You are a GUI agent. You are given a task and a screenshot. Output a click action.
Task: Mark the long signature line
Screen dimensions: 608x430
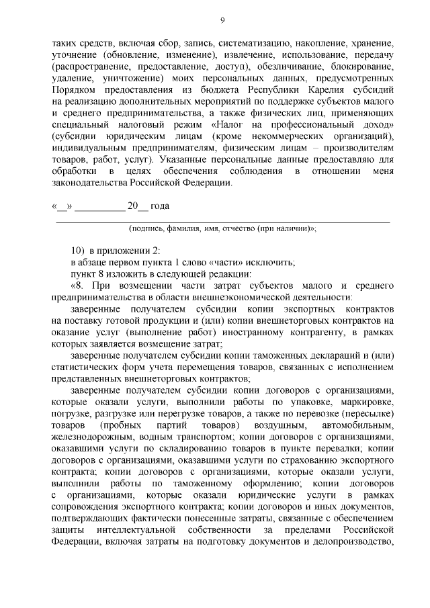tap(222, 221)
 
